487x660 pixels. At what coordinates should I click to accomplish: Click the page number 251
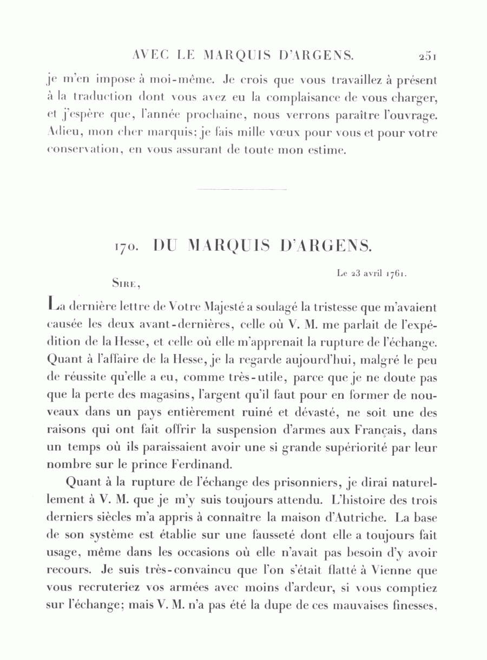(427, 55)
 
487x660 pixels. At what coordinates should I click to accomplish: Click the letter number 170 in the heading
(127, 247)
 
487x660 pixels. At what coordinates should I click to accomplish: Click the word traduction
(103, 97)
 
